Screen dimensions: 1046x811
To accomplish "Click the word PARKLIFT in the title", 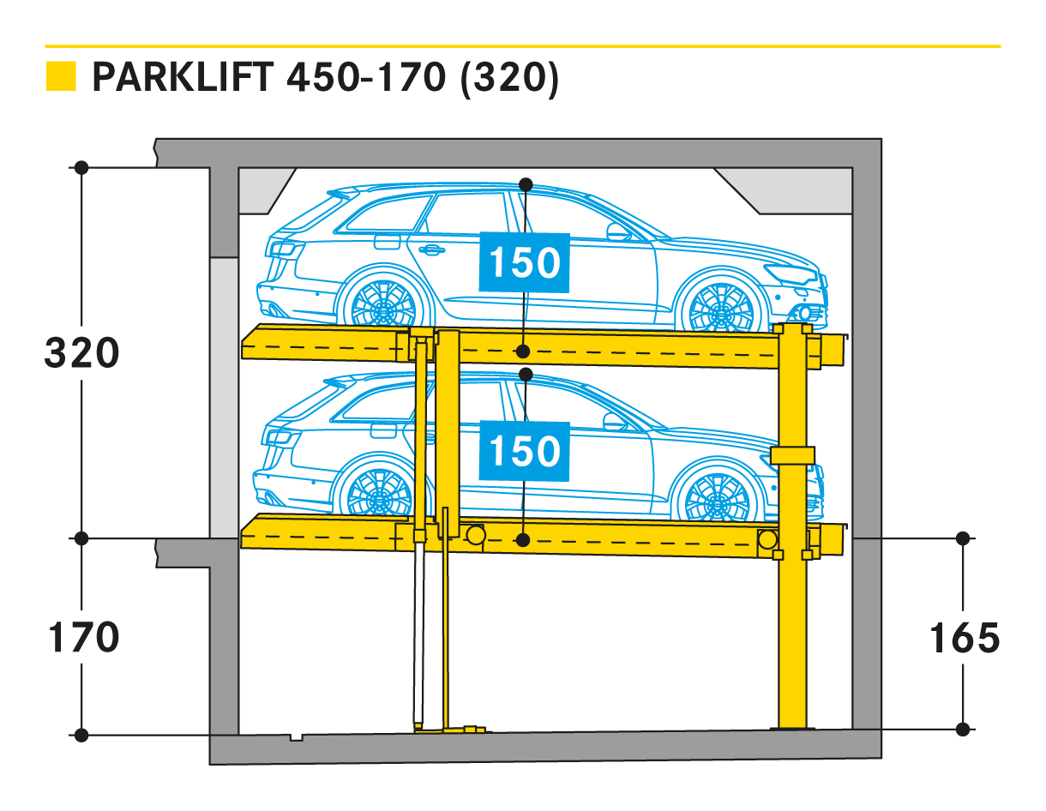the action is click(x=183, y=77).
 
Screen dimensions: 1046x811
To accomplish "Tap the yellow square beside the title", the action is click(x=61, y=76).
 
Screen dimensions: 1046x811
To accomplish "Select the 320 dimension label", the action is click(x=81, y=353).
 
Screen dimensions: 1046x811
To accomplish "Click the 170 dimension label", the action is click(x=83, y=637).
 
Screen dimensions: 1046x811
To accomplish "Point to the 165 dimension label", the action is click(x=965, y=638).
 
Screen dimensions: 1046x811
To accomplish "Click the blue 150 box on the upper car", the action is click(x=524, y=263).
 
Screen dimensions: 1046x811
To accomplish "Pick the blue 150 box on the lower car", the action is click(x=524, y=452).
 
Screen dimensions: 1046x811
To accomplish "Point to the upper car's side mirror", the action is click(x=618, y=232).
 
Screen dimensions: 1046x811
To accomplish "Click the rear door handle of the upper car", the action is click(x=431, y=249).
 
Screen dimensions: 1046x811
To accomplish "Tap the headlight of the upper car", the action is click(x=791, y=273).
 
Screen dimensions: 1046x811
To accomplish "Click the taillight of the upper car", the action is click(x=284, y=249).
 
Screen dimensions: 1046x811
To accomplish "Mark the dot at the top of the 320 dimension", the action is click(x=81, y=168).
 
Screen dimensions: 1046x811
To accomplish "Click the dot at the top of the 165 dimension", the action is click(x=963, y=538).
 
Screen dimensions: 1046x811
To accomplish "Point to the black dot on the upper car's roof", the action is click(x=526, y=185).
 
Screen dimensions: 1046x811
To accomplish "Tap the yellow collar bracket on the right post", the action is click(x=792, y=455).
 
